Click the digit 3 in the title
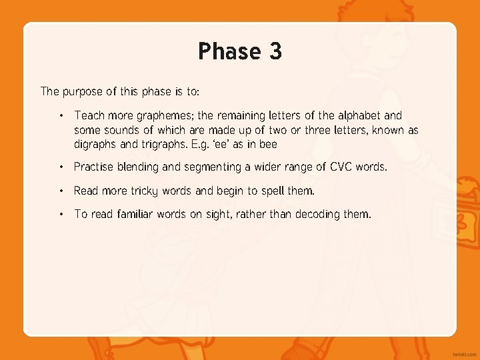pyautogui.click(x=275, y=51)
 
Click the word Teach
pyautogui.click(x=90, y=115)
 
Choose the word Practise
pyautogui.click(x=95, y=167)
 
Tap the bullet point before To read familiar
pyautogui.click(x=61, y=214)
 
